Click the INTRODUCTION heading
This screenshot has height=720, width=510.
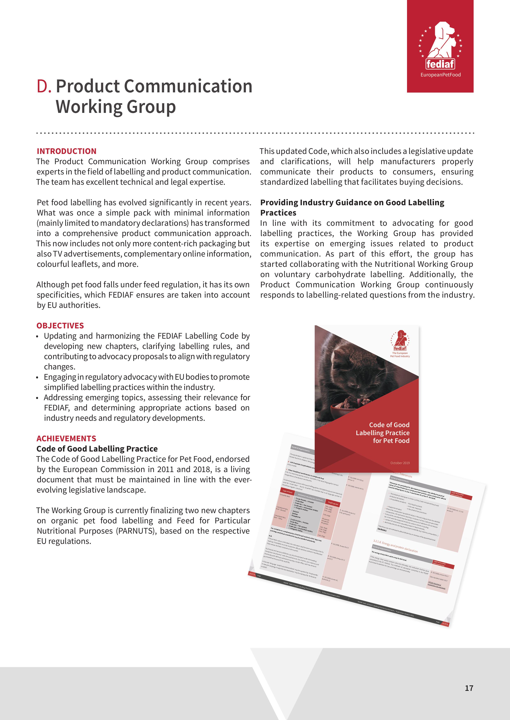66,151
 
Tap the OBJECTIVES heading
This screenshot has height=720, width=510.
60,326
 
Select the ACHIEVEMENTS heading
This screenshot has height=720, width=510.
66,438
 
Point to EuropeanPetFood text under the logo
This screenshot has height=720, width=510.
440,75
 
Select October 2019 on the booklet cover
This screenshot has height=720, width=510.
400,463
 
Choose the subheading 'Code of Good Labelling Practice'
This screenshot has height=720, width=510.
97,449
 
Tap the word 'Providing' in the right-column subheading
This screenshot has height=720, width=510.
279,203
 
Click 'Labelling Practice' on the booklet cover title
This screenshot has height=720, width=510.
383,433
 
